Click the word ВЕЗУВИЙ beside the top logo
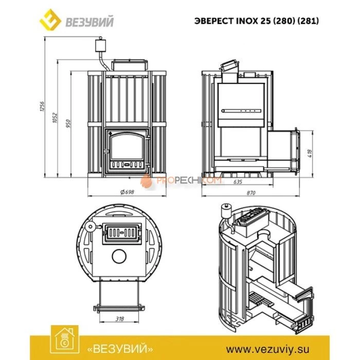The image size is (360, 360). point(91,22)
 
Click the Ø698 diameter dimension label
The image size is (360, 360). point(127,191)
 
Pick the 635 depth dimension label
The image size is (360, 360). point(238,182)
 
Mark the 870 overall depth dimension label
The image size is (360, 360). point(251,192)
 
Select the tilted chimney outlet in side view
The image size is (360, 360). point(228,66)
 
